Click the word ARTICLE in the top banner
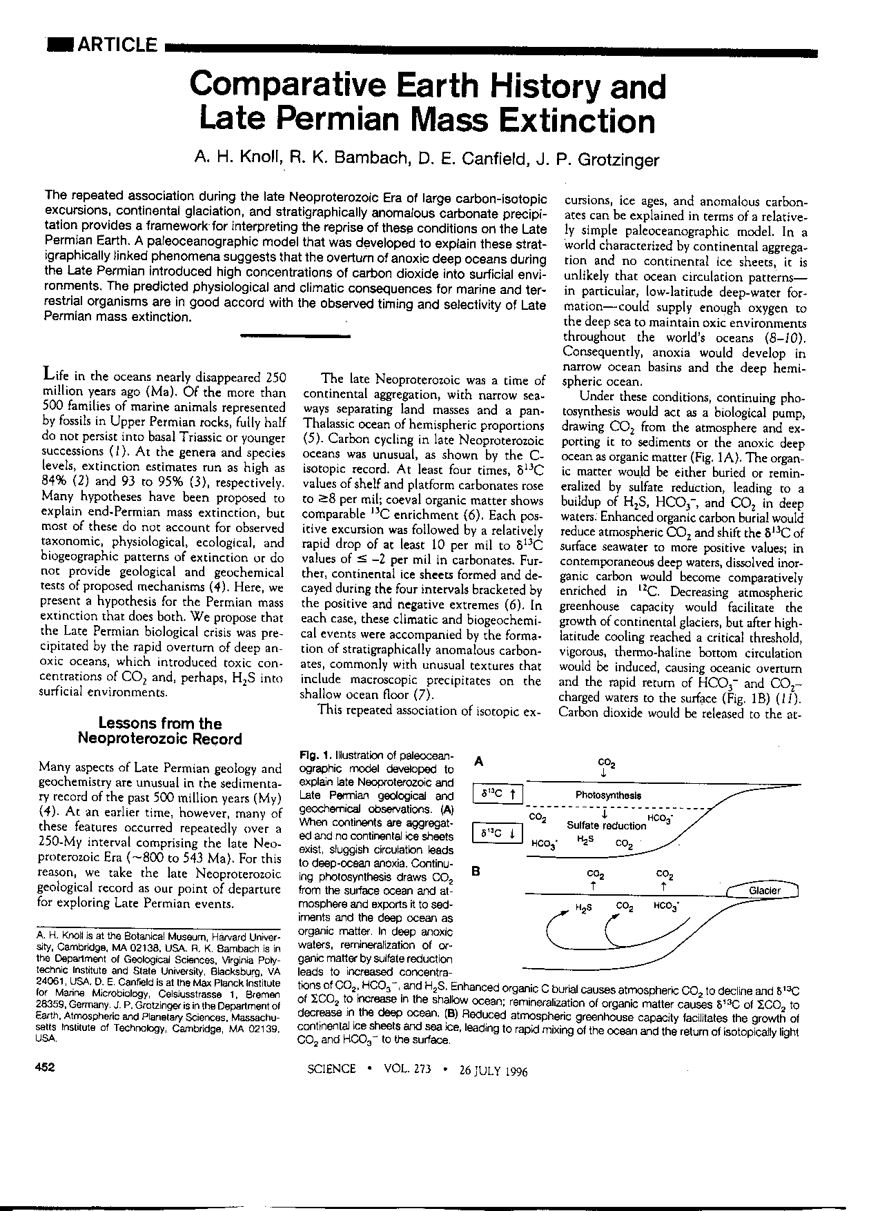pos(117,46)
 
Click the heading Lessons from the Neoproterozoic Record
pos(160,731)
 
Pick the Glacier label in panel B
pos(764,890)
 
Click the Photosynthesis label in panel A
pos(607,795)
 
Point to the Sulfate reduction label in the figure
pos(606,825)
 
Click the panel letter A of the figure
pos(479,762)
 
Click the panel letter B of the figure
pos(475,872)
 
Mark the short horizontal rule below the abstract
pos(295,336)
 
